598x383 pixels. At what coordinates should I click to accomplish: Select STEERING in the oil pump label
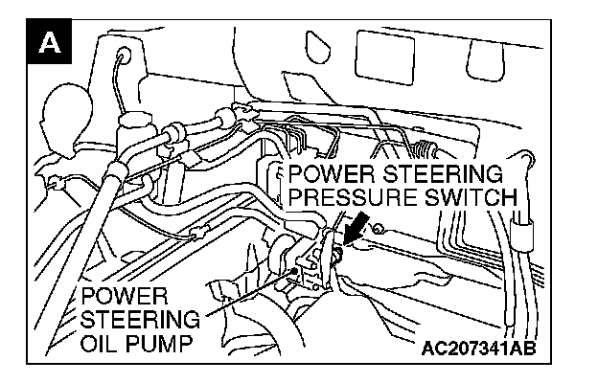(141, 318)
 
